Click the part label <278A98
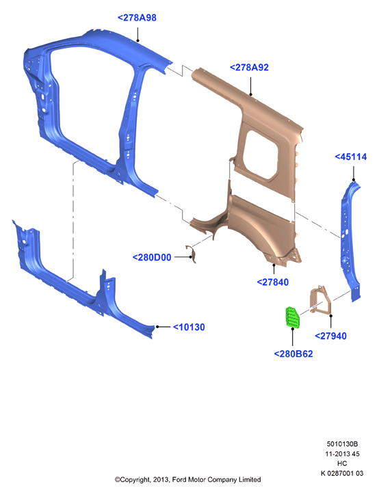137,18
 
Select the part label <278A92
249,68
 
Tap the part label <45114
351,157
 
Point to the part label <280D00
152,258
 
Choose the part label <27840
273,282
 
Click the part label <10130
189,328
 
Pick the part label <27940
330,336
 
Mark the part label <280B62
293,354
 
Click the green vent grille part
292,317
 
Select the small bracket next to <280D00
192,254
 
